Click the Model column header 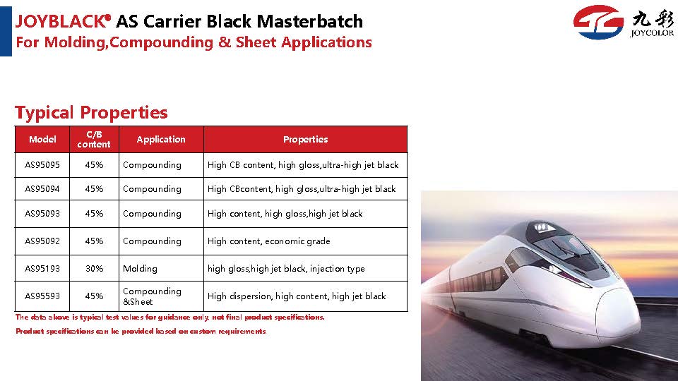pyautogui.click(x=42, y=139)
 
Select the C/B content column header pyautogui.click(x=94, y=139)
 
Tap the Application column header pyautogui.click(x=161, y=139)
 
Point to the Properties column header pyautogui.click(x=305, y=139)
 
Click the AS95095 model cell pyautogui.click(x=42, y=164)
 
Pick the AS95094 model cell pyautogui.click(x=42, y=189)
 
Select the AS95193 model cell pyautogui.click(x=42, y=268)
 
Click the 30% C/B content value pyautogui.click(x=94, y=268)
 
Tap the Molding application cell pyautogui.click(x=140, y=269)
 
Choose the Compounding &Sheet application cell pyautogui.click(x=152, y=296)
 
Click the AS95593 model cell pyautogui.click(x=42, y=296)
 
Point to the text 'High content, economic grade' pyautogui.click(x=268, y=241)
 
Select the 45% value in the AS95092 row pyautogui.click(x=94, y=241)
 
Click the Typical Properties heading pyautogui.click(x=91, y=112)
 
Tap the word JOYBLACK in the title pyautogui.click(x=61, y=21)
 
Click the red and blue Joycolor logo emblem pyautogui.click(x=598, y=22)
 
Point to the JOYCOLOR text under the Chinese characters pyautogui.click(x=652, y=33)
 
